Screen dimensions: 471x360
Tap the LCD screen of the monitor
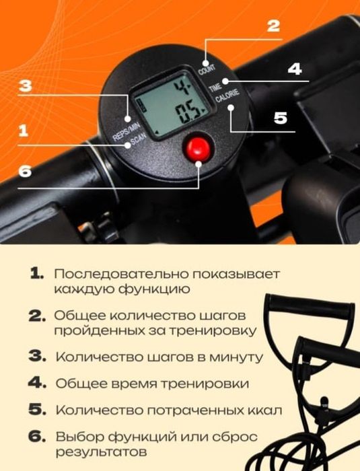coord(166,105)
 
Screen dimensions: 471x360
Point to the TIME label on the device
coord(215,88)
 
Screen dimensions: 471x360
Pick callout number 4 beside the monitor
coord(294,70)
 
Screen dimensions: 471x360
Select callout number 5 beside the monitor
coord(280,117)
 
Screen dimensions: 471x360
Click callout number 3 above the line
coord(25,86)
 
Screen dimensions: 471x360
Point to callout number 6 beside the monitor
coord(25,171)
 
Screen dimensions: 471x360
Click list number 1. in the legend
coord(37,275)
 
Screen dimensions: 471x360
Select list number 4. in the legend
coord(36,383)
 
